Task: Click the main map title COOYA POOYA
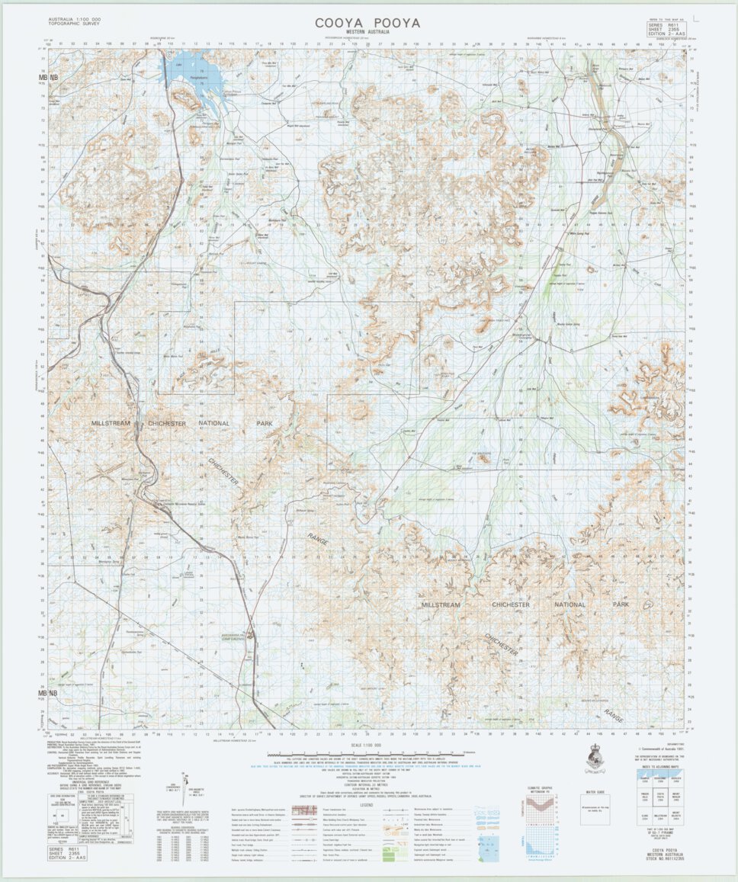(367, 23)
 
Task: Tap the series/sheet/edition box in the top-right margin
(666, 29)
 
